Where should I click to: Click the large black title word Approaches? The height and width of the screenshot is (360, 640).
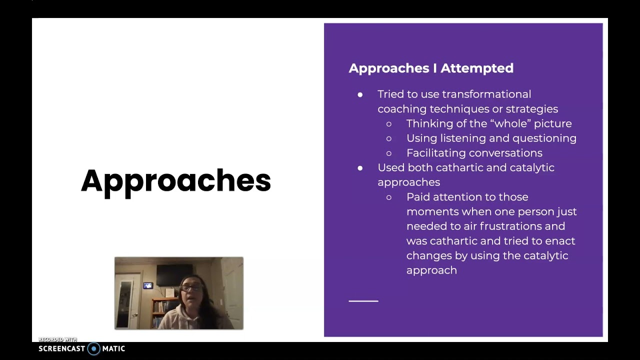click(x=175, y=181)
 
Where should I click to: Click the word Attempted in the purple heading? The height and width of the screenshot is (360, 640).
click(x=476, y=68)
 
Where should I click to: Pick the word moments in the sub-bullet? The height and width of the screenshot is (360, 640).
click(x=432, y=212)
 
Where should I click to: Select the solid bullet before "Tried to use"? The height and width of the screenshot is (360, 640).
click(x=360, y=94)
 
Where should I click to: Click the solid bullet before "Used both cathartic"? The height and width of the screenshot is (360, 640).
click(x=360, y=168)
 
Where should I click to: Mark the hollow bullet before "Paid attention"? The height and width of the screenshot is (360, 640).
click(x=389, y=197)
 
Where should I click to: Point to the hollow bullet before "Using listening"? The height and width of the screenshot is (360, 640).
click(x=389, y=138)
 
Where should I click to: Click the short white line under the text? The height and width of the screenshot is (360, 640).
click(x=363, y=301)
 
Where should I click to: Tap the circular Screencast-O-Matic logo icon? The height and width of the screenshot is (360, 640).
click(x=93, y=348)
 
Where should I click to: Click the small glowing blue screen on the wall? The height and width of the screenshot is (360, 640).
click(x=148, y=285)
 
